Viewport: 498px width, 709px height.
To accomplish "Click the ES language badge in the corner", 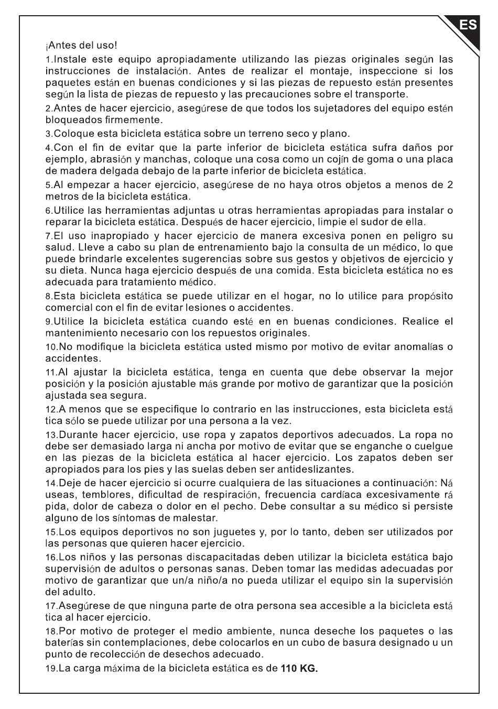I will click(468, 25).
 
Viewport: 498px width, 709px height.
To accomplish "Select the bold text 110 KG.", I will click(299, 669).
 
